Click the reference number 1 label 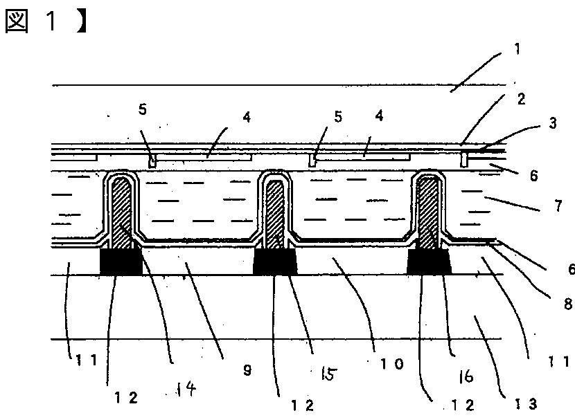517,49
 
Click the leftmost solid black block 121,261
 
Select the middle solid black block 276,261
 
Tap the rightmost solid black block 429,261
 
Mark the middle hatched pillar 275,211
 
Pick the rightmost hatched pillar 429,211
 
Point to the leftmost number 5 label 142,109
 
